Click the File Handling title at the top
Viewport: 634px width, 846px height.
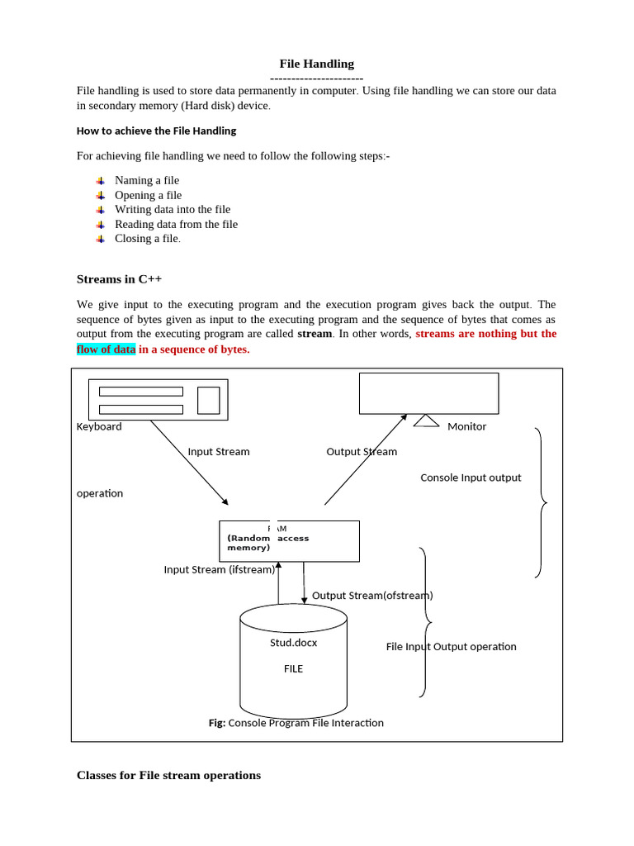316,64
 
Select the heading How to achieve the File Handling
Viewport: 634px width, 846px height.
156,131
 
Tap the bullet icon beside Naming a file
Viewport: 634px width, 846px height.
100,180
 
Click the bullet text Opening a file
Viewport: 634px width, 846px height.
148,195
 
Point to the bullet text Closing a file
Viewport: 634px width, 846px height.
147,239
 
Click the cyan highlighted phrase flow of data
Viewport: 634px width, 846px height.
106,349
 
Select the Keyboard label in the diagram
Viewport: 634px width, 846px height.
99,427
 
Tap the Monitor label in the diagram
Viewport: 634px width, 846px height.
466,427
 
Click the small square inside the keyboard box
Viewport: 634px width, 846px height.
209,400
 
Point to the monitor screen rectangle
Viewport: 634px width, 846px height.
428,392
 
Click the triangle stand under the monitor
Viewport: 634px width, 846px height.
426,421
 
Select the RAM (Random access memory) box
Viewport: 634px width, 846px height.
289,541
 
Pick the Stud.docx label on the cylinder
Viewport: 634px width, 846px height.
293,643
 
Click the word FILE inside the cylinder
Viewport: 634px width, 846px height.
293,669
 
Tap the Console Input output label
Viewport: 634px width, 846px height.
471,478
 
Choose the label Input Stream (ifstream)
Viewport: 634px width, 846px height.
220,569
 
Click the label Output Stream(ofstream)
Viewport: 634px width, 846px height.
372,596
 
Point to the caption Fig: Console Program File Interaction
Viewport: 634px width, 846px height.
296,723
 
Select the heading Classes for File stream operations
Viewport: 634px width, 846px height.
168,776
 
